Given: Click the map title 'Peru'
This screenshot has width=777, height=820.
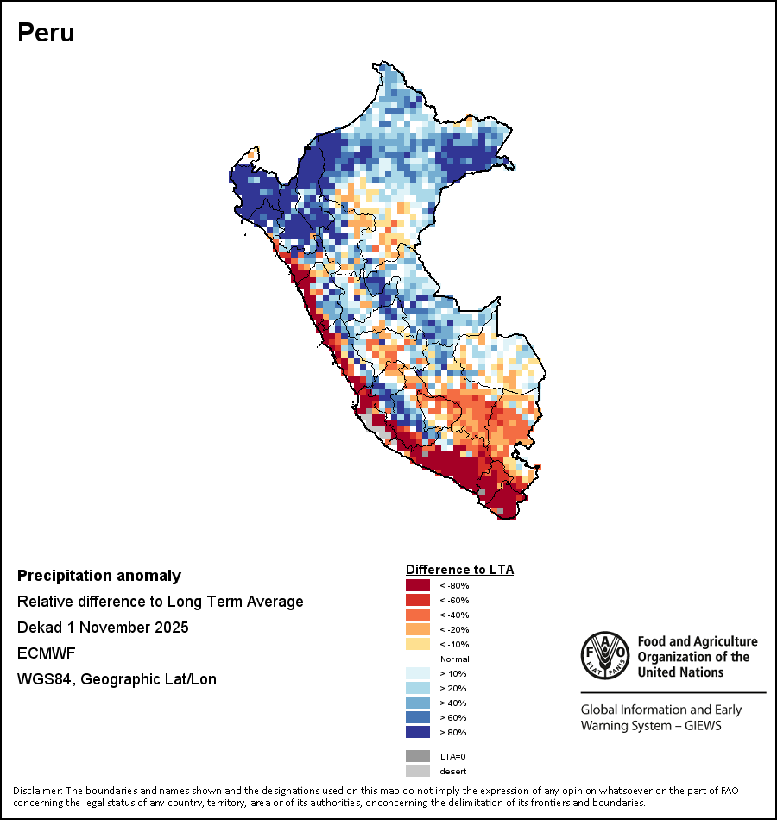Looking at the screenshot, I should point(46,33).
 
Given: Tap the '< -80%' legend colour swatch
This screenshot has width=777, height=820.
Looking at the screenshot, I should point(418,585).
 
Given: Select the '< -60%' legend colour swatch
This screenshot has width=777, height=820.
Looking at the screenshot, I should point(418,600).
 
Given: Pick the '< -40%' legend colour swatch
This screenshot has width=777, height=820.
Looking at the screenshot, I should point(418,615).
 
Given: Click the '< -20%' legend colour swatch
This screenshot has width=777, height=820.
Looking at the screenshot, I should point(418,629).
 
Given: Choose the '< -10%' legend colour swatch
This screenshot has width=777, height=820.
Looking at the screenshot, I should point(418,644).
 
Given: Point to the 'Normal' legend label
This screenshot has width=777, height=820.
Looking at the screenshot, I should point(454,659).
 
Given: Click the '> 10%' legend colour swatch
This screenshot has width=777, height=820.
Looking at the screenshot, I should point(418,673).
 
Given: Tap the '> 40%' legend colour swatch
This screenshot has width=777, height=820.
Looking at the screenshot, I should point(418,703).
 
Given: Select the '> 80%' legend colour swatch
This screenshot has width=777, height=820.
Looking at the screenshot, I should point(418,732).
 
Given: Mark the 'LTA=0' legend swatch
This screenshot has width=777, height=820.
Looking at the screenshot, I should point(418,756).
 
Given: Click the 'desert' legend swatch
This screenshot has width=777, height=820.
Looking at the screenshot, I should point(418,771).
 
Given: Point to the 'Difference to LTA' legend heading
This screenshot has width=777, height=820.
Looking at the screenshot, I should point(459,570).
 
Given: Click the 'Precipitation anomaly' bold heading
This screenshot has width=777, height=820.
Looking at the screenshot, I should point(99,576).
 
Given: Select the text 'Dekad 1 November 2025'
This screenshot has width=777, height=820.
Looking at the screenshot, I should point(103,628).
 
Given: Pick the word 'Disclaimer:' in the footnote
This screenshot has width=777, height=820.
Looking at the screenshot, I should point(37,791).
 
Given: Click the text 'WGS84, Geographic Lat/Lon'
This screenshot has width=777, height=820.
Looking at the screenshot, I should point(117,679).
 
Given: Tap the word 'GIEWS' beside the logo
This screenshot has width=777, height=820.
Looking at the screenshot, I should point(702,725).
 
